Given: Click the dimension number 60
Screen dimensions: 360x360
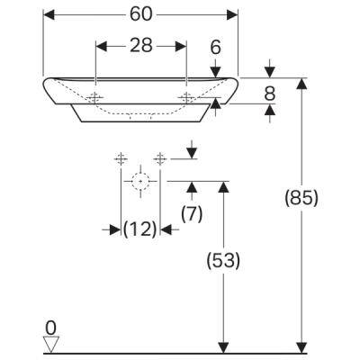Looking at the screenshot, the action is click(x=141, y=14).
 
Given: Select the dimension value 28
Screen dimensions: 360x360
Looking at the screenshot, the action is click(x=141, y=46).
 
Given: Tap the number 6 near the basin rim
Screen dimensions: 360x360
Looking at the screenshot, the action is click(x=215, y=47).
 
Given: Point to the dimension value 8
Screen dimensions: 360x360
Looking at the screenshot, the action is click(x=270, y=94).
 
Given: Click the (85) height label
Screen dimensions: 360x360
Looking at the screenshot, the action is click(x=301, y=198).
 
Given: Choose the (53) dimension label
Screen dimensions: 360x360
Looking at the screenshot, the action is click(x=223, y=260).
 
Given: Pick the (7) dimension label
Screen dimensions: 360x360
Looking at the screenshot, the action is click(x=192, y=214).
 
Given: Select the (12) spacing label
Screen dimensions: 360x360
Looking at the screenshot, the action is click(x=140, y=229).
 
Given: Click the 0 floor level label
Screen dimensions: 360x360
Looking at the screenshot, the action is click(x=50, y=328).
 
